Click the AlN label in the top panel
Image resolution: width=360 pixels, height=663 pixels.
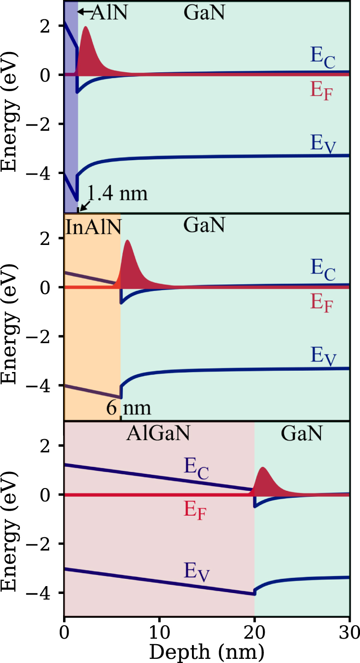coord(108,12)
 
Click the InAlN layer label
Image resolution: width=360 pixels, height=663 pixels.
coord(92,227)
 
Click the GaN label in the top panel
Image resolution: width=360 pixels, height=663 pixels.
coord(204,12)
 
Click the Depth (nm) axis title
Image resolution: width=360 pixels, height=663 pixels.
coord(207,651)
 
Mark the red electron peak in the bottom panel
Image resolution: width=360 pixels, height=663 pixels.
coord(263,481)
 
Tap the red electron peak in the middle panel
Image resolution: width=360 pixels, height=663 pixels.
coord(128,262)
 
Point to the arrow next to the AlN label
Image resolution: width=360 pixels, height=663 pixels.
coord(83,12)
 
